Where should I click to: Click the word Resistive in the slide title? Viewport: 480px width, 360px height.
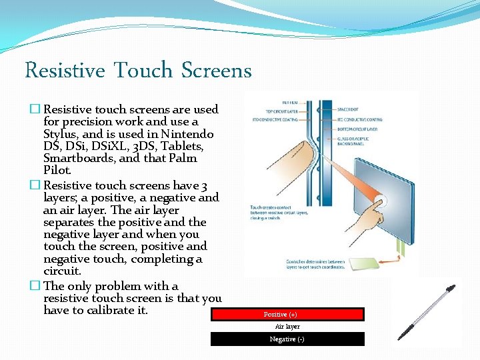pyautogui.click(x=65, y=70)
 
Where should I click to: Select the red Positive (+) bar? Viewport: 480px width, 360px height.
pyautogui.click(x=287, y=315)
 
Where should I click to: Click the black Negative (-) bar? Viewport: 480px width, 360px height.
pyautogui.click(x=287, y=339)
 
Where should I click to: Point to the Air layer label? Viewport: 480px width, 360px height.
pyautogui.click(x=287, y=327)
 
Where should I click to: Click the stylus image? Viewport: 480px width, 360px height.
pyautogui.click(x=426, y=313)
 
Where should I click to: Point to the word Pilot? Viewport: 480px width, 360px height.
pyautogui.click(x=57, y=171)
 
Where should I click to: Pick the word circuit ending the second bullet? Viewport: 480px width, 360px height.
pyautogui.click(x=61, y=271)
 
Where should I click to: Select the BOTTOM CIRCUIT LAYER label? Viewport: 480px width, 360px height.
pyautogui.click(x=357, y=129)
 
